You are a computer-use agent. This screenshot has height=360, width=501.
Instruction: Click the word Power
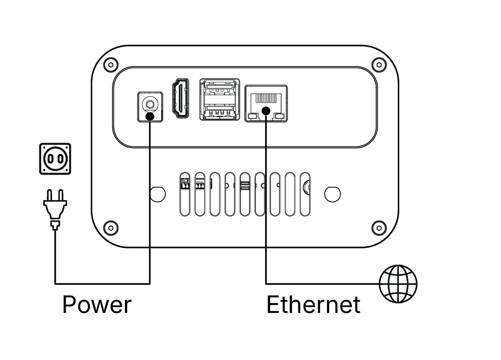click(97, 305)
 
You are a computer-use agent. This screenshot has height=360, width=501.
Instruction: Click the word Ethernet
click(313, 305)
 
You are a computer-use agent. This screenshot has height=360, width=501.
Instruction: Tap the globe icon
click(398, 284)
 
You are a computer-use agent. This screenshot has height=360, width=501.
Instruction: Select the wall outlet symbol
click(55, 159)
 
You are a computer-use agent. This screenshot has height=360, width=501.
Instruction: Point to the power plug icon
click(55, 208)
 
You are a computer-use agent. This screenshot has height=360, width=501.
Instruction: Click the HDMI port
click(180, 98)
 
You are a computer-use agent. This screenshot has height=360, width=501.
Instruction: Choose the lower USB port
click(220, 110)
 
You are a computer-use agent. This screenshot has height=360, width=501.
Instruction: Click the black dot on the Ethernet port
click(266, 110)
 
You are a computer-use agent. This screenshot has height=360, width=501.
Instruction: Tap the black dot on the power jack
click(150, 116)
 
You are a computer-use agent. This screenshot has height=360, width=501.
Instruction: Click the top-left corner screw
click(111, 65)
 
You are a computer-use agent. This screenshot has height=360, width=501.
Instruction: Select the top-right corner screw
click(379, 65)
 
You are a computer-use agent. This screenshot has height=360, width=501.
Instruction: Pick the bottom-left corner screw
click(111, 228)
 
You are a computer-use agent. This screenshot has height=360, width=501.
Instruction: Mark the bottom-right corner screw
click(379, 228)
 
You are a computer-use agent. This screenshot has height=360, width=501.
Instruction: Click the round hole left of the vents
click(158, 194)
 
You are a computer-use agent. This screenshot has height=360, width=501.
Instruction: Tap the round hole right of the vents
click(333, 194)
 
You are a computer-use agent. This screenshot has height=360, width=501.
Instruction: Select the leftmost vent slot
click(185, 194)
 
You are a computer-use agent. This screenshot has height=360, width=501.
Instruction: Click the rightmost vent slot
click(305, 194)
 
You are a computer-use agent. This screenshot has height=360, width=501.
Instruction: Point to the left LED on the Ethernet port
click(252, 116)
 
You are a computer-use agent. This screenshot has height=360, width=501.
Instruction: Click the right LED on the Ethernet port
click(280, 116)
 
